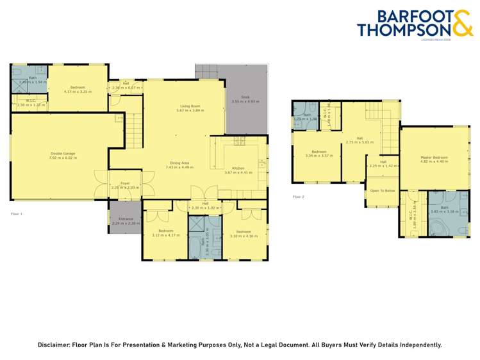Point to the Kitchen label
pos(238,169)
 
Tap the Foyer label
pos(125,183)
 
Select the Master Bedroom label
pos(434,157)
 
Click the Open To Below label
pos(381,191)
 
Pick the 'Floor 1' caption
pos(17,213)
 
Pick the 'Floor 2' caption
pos(298,197)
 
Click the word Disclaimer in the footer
pos(57,345)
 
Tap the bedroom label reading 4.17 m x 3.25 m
pos(78,88)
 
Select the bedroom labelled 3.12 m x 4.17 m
pos(165,233)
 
